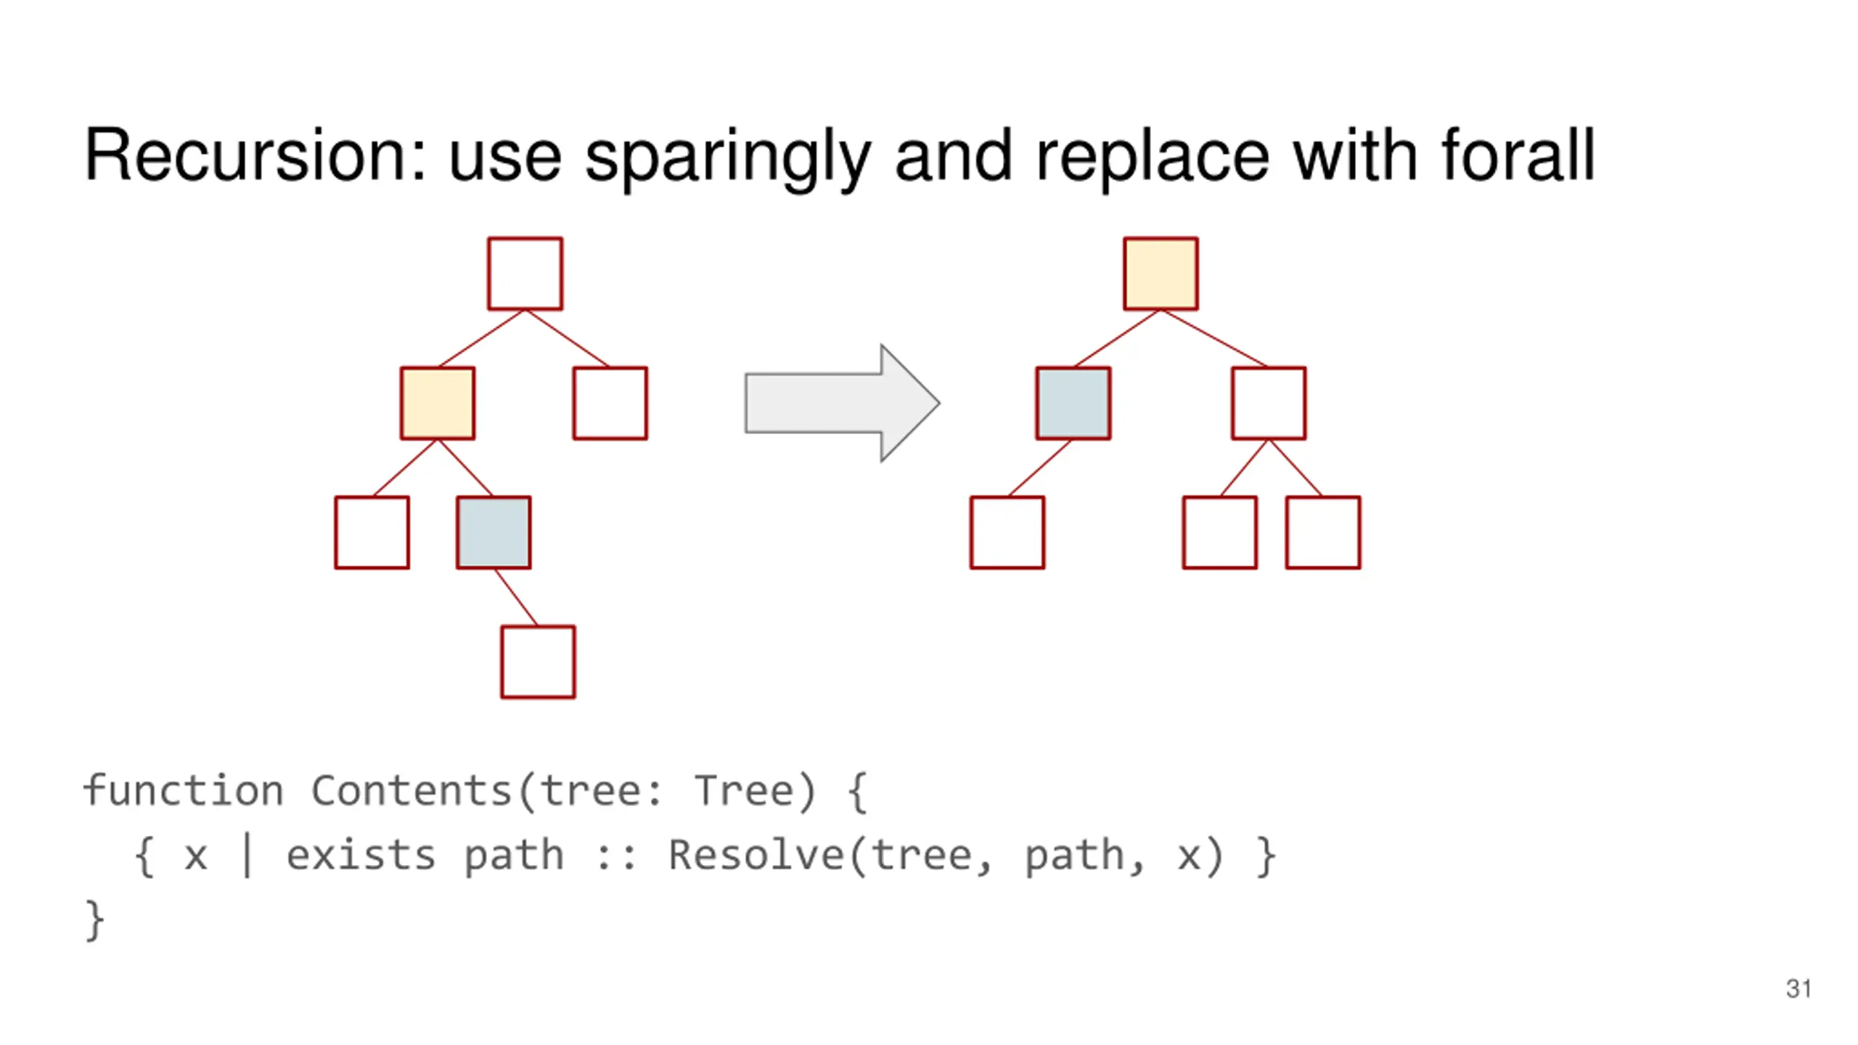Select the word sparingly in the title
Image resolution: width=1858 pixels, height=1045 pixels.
click(727, 157)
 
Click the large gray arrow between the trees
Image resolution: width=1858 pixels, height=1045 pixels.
click(842, 403)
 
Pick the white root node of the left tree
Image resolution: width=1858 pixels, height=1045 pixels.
click(525, 274)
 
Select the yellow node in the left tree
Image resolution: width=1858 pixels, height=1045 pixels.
click(438, 403)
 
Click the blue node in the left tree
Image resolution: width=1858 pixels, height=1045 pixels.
click(494, 533)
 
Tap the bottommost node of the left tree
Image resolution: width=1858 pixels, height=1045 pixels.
click(538, 662)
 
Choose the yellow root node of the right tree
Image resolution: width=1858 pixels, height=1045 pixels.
click(1161, 274)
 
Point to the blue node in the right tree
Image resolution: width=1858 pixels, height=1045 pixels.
click(1073, 403)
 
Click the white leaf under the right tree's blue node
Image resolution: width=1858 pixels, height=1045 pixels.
click(1007, 533)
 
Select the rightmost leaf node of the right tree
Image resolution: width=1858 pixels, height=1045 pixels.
click(1323, 533)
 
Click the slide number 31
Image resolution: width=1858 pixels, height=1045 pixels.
click(1798, 988)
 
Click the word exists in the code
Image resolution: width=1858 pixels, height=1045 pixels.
click(361, 855)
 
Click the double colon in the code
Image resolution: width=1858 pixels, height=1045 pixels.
click(615, 856)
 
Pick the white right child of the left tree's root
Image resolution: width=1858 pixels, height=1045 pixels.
click(610, 403)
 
